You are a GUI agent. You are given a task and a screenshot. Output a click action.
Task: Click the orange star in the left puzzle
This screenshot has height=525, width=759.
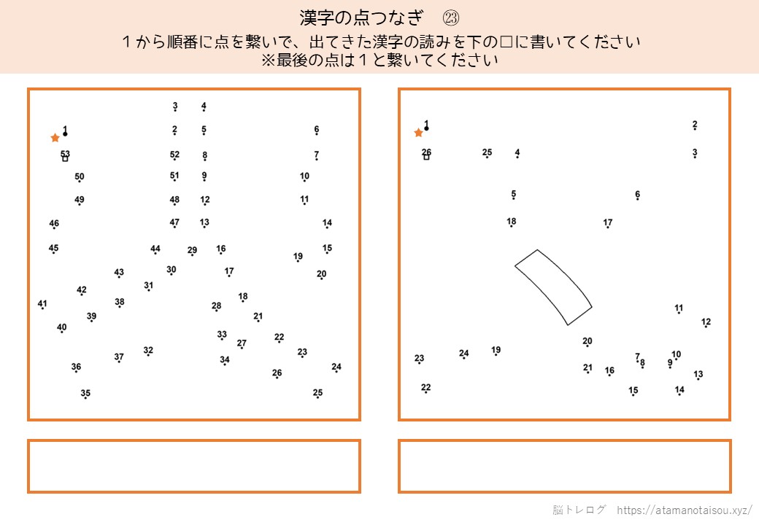55,138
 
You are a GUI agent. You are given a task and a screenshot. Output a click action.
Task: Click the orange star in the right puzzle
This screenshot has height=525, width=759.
419,133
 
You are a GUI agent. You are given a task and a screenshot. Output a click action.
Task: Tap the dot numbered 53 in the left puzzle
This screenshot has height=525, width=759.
65,158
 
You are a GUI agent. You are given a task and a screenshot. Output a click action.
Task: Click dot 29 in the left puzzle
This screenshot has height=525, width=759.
192,254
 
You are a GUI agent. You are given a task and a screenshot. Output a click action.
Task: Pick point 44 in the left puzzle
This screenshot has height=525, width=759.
155,253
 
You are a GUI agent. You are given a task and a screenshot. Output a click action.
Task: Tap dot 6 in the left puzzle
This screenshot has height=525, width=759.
317,134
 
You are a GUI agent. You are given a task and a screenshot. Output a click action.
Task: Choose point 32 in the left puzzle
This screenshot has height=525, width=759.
148,355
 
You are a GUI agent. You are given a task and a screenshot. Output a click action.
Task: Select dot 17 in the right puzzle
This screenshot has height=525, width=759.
608,227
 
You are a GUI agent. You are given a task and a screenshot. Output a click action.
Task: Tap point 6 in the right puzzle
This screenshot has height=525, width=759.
638,199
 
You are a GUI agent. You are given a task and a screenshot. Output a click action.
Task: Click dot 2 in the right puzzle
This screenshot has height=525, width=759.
695,129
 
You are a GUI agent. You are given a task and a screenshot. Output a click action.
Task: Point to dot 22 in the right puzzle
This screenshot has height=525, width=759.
426,392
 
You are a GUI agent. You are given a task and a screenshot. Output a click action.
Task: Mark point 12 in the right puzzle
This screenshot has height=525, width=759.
706,327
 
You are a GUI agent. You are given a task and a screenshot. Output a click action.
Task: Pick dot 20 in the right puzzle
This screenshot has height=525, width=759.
587,346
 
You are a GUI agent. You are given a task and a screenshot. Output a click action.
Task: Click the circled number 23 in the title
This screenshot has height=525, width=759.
451,18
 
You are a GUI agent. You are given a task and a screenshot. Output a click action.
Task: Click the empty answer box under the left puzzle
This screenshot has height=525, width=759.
194,467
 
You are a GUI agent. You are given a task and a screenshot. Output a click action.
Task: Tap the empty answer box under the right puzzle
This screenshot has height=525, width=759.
564,467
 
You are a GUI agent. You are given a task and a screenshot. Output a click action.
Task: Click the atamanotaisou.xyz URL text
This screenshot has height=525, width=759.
685,510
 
